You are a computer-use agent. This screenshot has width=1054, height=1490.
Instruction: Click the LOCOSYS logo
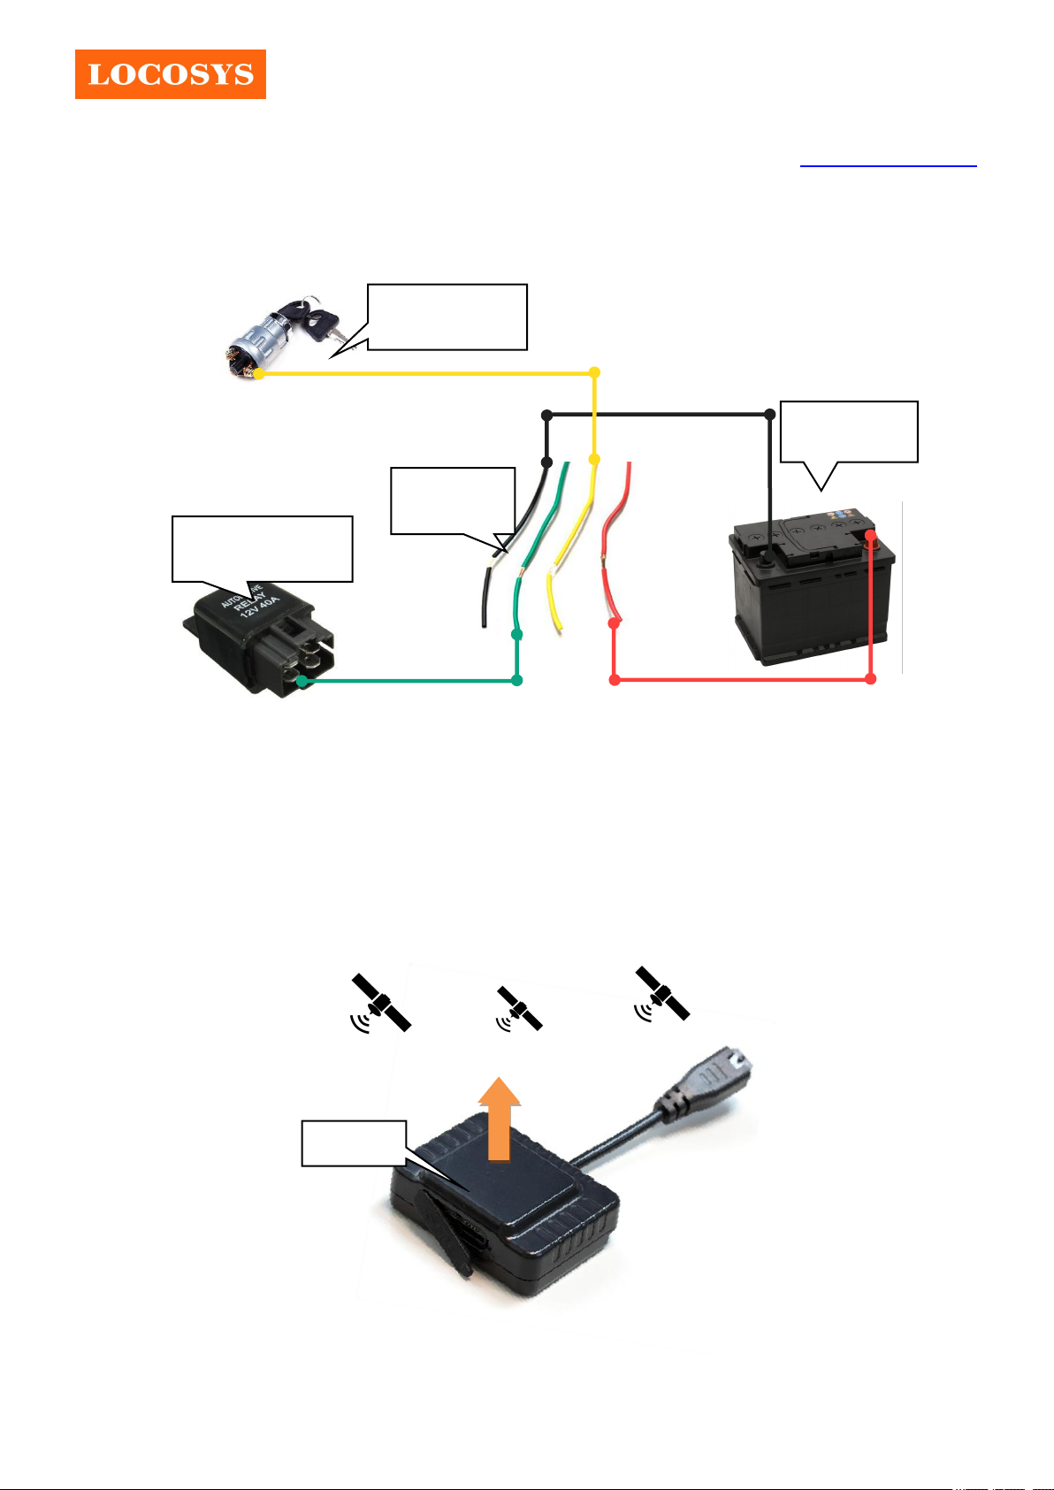click(171, 74)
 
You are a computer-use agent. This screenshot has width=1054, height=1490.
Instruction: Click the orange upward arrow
click(500, 1118)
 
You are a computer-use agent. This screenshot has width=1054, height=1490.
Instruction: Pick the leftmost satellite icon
click(380, 1004)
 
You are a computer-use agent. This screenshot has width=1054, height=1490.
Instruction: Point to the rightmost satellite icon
click(662, 994)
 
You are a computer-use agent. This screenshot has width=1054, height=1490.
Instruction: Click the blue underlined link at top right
click(888, 164)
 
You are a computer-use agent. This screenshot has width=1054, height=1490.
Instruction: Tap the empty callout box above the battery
click(849, 432)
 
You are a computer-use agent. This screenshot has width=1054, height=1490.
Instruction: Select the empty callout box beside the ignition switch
click(447, 317)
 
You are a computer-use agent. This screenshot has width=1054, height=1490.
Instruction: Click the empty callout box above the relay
click(262, 548)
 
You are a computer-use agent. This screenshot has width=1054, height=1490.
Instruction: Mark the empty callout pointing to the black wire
click(452, 500)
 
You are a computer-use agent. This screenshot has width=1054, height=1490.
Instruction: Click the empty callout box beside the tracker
click(354, 1143)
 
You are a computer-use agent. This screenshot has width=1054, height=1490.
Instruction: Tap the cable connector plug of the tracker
click(716, 1081)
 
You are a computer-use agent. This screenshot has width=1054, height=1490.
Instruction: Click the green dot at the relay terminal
click(302, 681)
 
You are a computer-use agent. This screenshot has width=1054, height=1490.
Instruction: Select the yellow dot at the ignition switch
click(259, 374)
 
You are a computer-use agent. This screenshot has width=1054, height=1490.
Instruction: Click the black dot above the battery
click(769, 414)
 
